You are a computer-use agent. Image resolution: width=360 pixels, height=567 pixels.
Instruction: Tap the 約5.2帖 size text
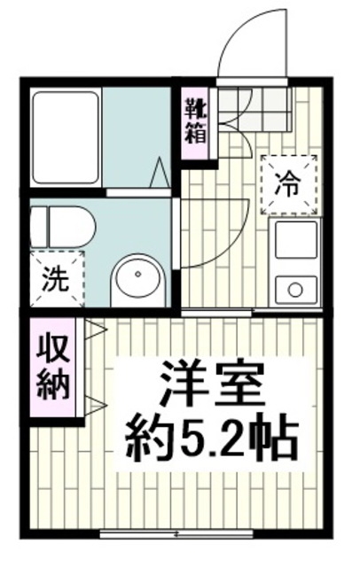pos(210,436)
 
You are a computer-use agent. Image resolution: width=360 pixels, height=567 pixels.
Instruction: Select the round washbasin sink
pos(138,280)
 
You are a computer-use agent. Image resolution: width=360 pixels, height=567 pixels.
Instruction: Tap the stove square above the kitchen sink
pos(295,241)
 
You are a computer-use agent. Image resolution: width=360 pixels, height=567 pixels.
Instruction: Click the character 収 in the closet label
pos(54,350)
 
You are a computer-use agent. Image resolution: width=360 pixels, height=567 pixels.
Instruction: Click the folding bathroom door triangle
pos(159,174)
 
